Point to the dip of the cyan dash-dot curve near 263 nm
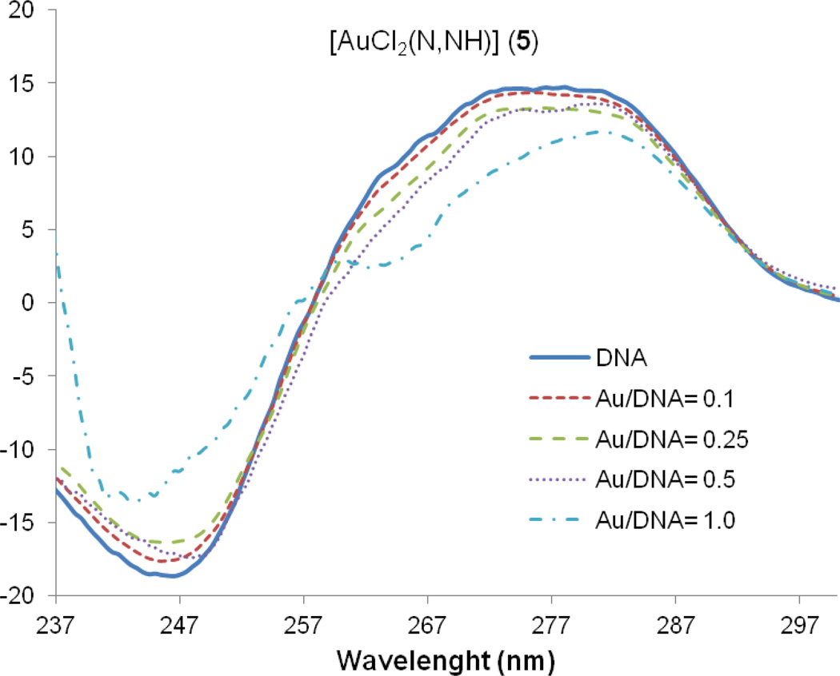point(383,265)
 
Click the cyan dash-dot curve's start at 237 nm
point(58,254)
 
